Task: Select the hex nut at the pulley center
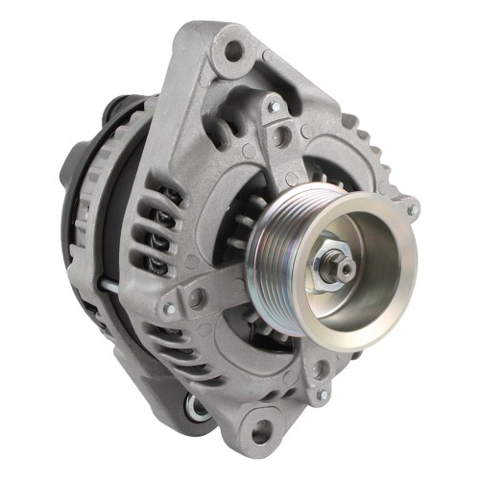[x=335, y=267]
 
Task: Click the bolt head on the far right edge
[x=413, y=208]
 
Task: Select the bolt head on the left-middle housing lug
[x=170, y=309]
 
